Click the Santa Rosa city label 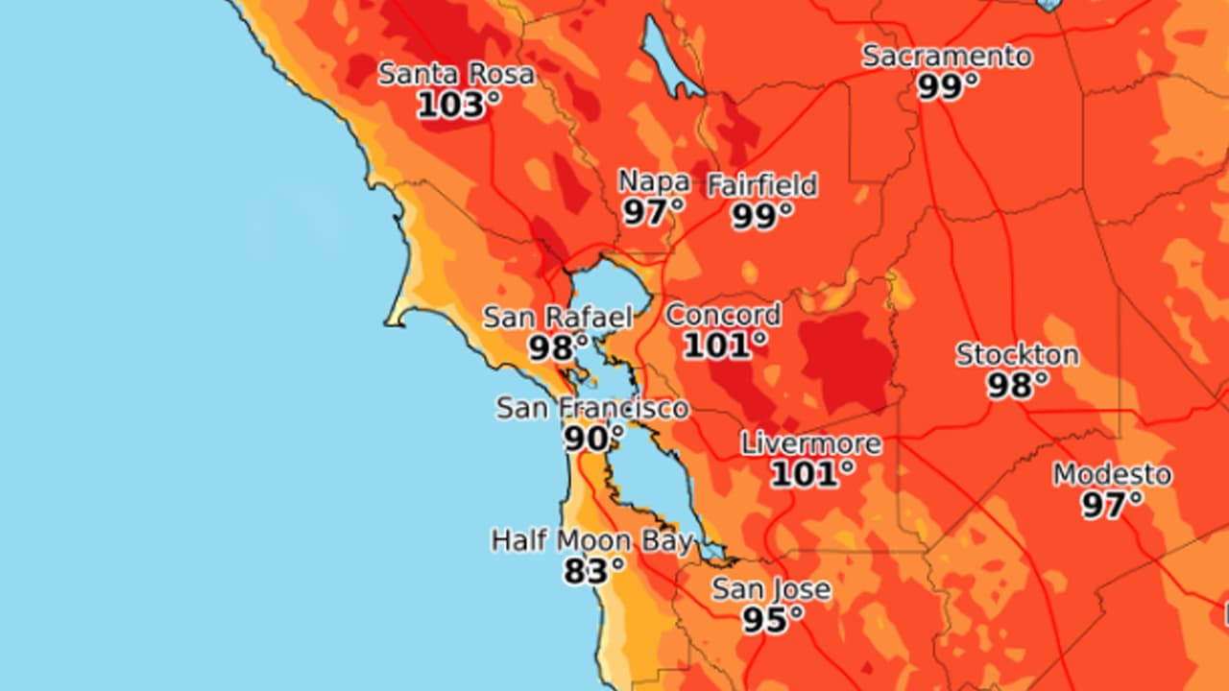pos(456,74)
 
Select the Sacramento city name pos(947,56)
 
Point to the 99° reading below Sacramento pos(948,86)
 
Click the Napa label pos(653,181)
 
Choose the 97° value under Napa pos(653,212)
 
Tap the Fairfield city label pos(762,184)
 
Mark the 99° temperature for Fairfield pos(762,216)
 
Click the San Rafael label pos(558,317)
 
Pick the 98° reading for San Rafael pos(558,347)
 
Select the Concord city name pos(723,314)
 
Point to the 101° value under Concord pos(725,345)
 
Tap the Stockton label pos(1017,354)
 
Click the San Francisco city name pos(592,408)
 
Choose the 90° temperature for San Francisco pos(592,439)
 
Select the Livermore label pos(810,443)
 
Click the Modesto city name pos(1112,474)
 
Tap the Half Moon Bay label pos(591,540)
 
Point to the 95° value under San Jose pos(772,620)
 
